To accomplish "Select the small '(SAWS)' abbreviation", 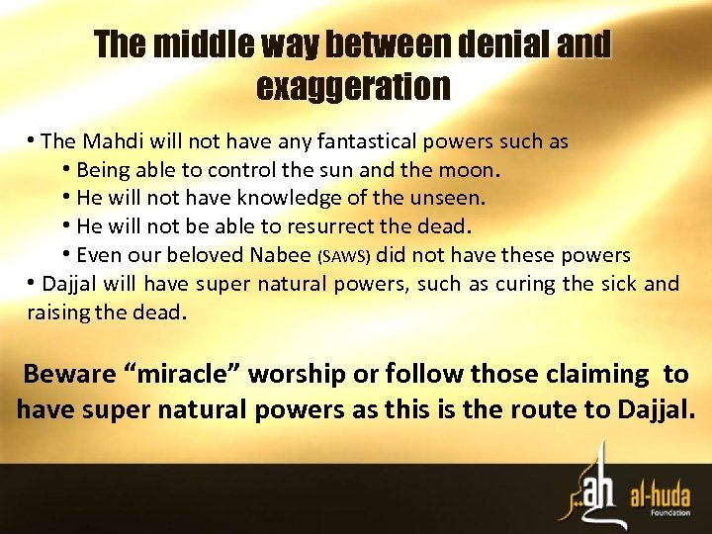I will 343,257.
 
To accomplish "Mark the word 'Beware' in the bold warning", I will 65,375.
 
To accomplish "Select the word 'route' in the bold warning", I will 550,409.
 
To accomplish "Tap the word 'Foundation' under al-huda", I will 672,511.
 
